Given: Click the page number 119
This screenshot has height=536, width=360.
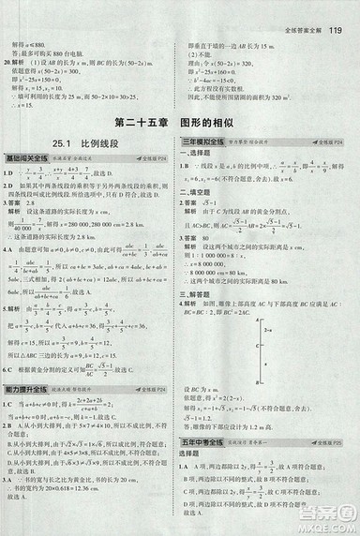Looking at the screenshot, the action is point(338,12).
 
